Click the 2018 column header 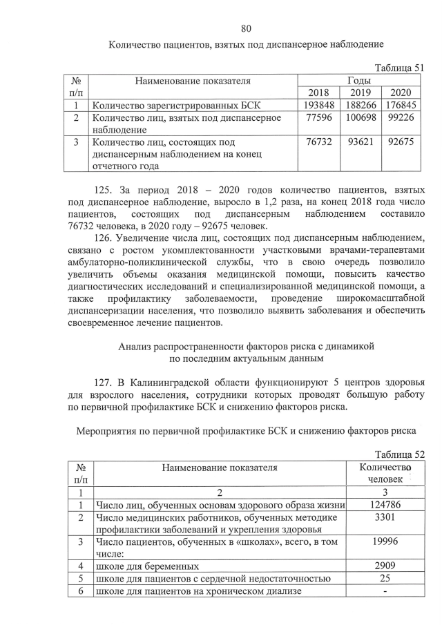[318, 93]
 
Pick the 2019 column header [360, 93]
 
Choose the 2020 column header [401, 93]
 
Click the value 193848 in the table [318, 106]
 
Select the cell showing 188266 [360, 106]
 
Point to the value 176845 [401, 106]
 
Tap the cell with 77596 [318, 118]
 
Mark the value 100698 [360, 118]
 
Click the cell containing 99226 [401, 118]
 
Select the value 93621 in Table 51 [360, 142]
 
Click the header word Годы [359, 81]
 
